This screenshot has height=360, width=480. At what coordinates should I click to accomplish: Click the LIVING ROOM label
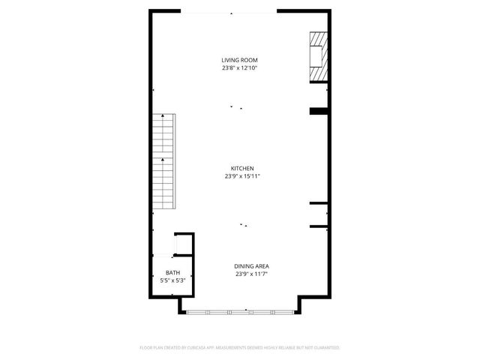tap(240, 60)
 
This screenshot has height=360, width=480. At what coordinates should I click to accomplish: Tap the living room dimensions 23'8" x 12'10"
tap(240, 68)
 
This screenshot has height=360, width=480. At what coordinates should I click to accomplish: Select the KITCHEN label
tap(242, 169)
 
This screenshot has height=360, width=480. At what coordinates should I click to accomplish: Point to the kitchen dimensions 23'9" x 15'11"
tap(242, 177)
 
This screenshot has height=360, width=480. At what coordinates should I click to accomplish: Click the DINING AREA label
tap(252, 266)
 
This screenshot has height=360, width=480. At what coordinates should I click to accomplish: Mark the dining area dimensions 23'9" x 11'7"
tap(252, 274)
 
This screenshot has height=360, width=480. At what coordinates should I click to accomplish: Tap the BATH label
tap(173, 273)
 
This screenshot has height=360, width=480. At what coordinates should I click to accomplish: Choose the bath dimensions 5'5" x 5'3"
tap(173, 280)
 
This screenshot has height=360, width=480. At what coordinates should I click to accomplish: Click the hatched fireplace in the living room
tap(319, 57)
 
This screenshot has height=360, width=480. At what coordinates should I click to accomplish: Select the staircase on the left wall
tap(164, 162)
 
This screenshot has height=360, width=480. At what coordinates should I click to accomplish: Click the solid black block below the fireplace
tap(319, 112)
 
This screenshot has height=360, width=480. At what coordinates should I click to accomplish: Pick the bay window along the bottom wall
tap(240, 311)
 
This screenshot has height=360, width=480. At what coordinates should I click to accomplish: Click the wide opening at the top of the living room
tap(229, 12)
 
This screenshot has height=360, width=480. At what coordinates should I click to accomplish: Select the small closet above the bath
tap(183, 244)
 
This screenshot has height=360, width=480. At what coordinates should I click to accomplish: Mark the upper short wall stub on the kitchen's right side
tap(319, 203)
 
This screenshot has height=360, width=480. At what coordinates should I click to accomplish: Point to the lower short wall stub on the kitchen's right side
tap(319, 226)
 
